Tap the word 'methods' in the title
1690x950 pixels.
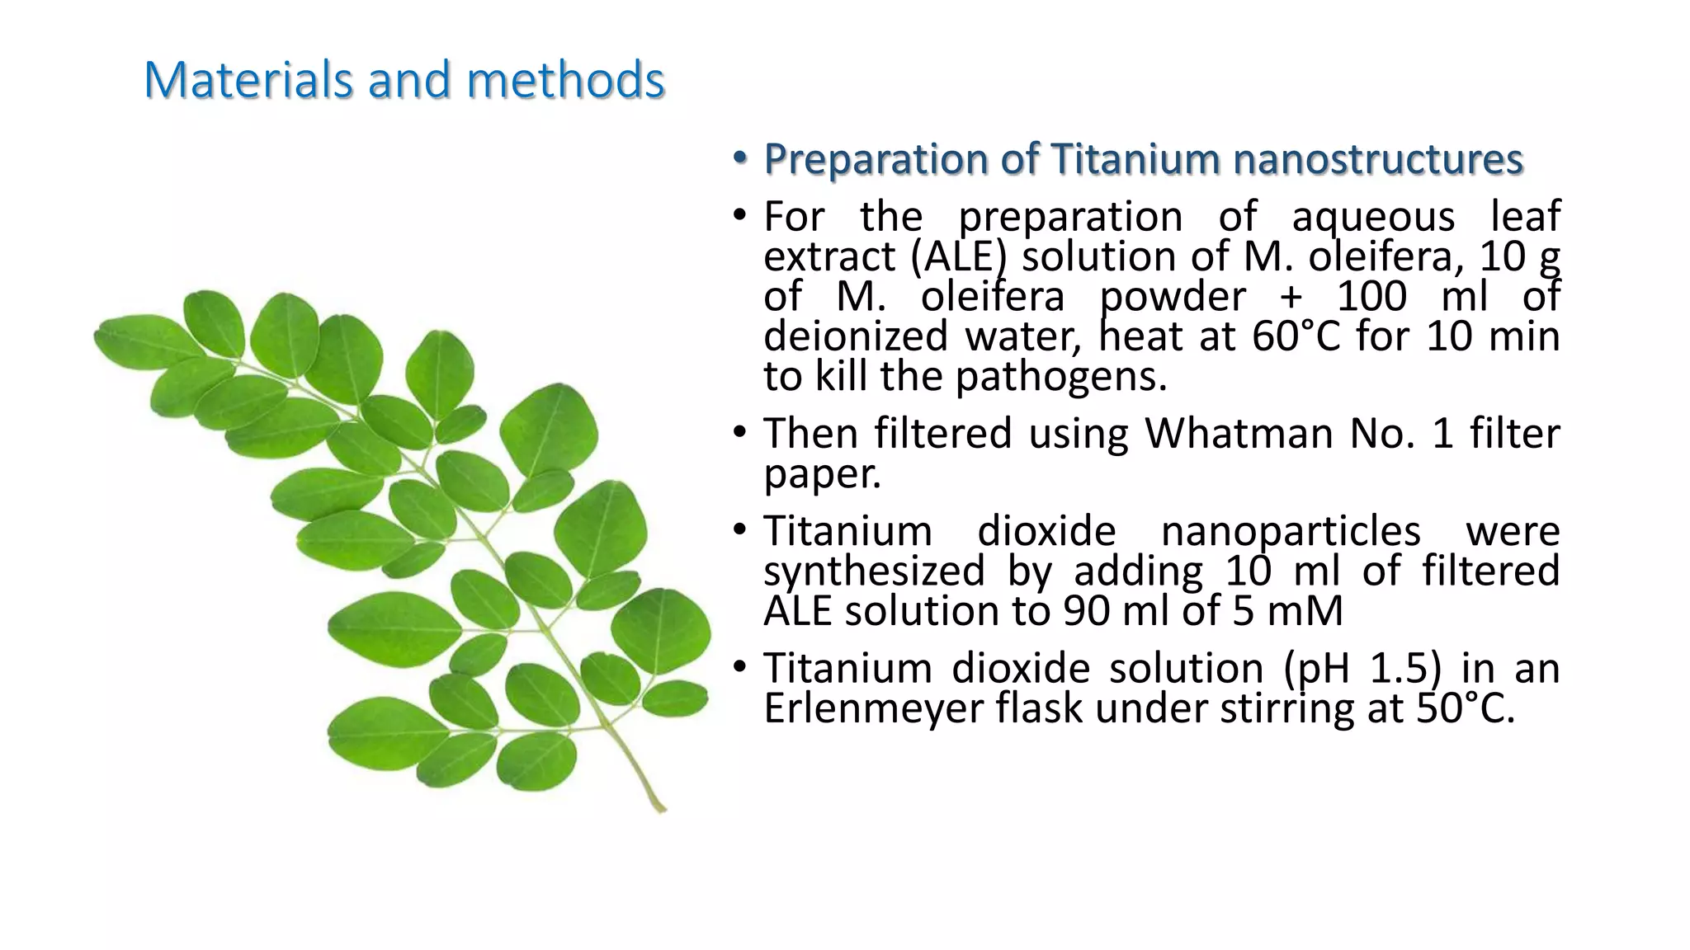pyautogui.click(x=565, y=81)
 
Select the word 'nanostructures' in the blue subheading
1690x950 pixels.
pyautogui.click(x=1378, y=159)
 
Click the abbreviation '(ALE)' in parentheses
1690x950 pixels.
pyautogui.click(x=959, y=257)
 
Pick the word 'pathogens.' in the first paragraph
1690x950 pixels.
pyautogui.click(x=1061, y=378)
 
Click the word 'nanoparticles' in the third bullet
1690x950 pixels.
pyautogui.click(x=1291, y=531)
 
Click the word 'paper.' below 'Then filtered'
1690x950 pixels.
pyautogui.click(x=822, y=474)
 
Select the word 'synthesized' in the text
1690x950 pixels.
pyautogui.click(x=874, y=571)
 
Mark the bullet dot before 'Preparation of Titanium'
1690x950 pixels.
pyautogui.click(x=740, y=158)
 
